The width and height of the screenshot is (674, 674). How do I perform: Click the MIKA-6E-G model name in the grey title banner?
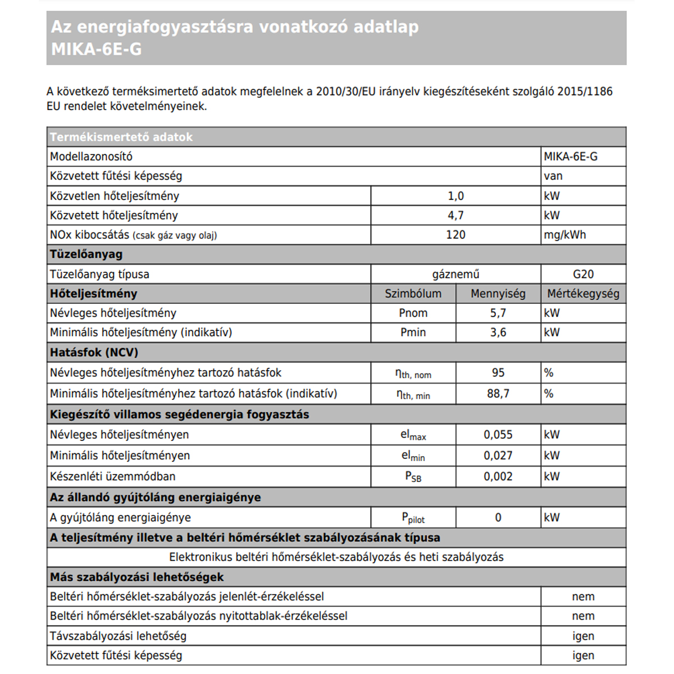(x=96, y=49)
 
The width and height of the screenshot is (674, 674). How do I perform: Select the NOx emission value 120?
(x=456, y=235)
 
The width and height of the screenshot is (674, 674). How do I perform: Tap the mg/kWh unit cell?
(x=564, y=235)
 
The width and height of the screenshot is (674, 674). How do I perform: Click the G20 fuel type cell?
(x=583, y=274)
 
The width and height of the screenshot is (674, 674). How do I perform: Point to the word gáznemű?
(x=456, y=274)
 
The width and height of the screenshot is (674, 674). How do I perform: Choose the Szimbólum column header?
(x=413, y=294)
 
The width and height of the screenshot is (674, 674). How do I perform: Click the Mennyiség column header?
(x=498, y=294)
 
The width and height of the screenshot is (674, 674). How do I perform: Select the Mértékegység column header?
(x=583, y=294)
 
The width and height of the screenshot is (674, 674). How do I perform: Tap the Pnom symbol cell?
(x=413, y=313)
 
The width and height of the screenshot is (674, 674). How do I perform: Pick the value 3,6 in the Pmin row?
(x=498, y=333)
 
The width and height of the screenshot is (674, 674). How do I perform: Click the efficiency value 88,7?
(x=498, y=394)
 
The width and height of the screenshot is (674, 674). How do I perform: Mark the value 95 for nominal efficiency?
(x=498, y=373)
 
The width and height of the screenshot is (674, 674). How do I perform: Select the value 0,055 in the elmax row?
(x=498, y=435)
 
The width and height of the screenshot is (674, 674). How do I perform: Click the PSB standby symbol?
(x=413, y=477)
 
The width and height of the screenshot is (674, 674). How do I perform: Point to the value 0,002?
(x=498, y=477)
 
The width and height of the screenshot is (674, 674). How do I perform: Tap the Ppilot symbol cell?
(x=413, y=518)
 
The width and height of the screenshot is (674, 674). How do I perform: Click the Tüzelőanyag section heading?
(x=86, y=254)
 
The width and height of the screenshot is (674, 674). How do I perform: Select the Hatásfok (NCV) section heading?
(x=94, y=353)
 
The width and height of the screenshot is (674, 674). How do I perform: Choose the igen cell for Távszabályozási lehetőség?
(x=583, y=636)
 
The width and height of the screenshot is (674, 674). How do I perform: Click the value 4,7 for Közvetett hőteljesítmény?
(x=456, y=215)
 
